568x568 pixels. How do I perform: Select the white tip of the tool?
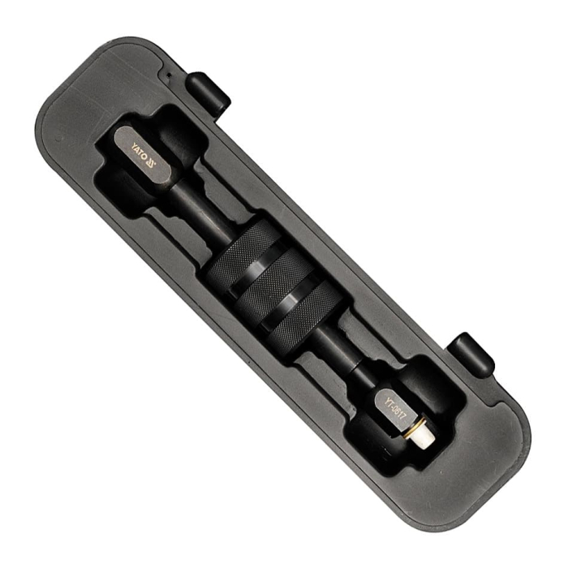(x=421, y=437)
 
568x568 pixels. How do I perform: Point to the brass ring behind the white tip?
(x=411, y=427)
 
